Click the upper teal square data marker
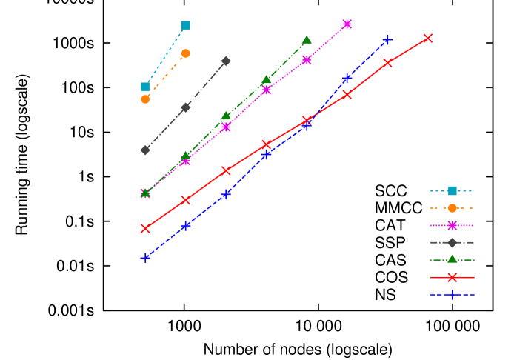coord(186,26)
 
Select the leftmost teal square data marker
coord(145,87)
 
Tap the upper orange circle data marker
coord(185,53)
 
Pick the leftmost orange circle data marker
coord(145,99)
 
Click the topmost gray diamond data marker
coord(226,61)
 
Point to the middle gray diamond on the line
coord(185,107)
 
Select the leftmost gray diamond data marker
coord(145,150)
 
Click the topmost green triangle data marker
coord(307,40)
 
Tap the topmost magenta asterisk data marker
coord(347,24)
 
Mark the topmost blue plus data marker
coord(387,40)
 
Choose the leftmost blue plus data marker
coord(145,258)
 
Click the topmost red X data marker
coord(428,38)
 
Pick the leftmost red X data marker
coord(145,228)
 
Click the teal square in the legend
coord(452,190)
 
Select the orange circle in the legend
coord(452,208)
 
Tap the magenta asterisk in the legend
coord(452,225)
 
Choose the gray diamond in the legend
coord(452,242)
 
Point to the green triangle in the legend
coord(452,259)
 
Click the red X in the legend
coord(452,277)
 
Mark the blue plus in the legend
coord(452,294)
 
